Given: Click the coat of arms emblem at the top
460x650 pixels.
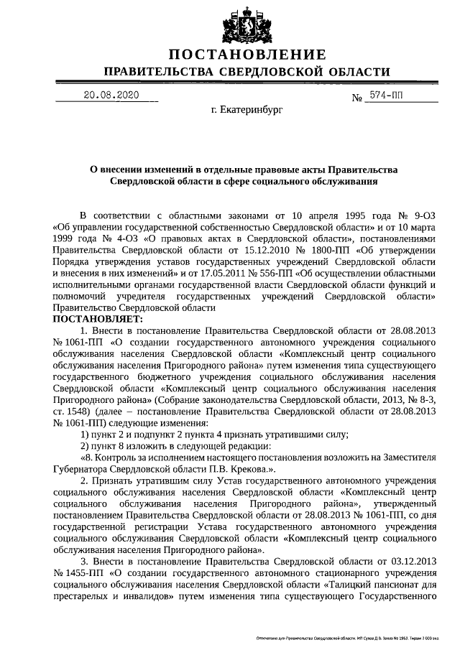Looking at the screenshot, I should pos(247,24).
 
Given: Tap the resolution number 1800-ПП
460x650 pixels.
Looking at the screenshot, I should pos(305,249).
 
